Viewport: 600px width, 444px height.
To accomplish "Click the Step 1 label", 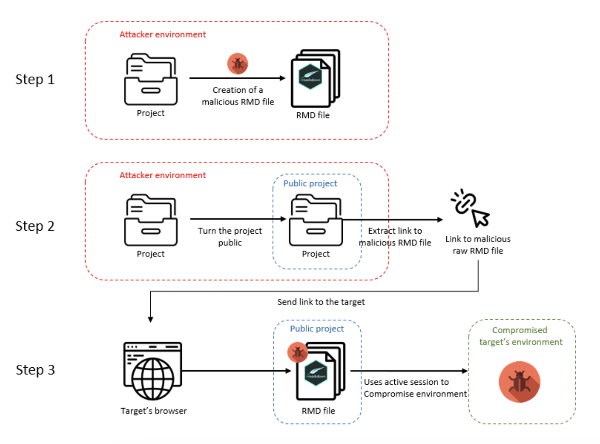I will (35, 80).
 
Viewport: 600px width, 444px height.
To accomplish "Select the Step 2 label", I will (35, 226).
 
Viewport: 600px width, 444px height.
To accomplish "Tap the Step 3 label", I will (35, 370).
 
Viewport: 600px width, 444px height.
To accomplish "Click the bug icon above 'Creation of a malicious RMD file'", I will (238, 64).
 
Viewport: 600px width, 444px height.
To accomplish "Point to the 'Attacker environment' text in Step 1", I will (162, 34).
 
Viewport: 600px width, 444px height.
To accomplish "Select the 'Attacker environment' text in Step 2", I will (162, 175).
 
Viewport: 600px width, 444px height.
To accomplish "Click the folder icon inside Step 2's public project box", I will (316, 222).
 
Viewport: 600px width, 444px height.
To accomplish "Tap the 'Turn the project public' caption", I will (230, 237).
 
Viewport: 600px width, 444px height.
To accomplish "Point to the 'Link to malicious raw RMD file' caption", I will (478, 245).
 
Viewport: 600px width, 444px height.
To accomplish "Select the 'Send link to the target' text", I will (321, 302).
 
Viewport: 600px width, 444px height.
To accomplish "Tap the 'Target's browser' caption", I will (154, 411).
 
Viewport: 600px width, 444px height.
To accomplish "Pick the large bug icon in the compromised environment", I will (519, 382).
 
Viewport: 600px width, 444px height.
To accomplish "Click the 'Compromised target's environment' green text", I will (520, 336).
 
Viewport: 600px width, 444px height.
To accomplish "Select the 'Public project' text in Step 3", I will (317, 329).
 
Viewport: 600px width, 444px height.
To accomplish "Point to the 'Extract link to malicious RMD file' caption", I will (395, 237).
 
